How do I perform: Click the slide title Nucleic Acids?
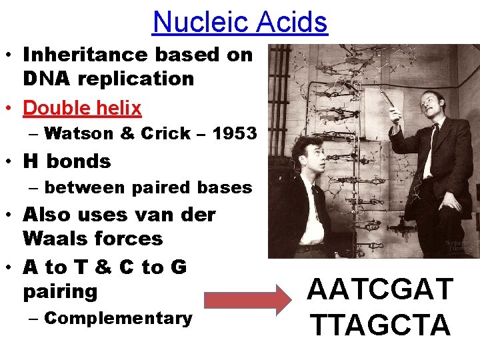coord(240,22)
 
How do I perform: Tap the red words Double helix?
coord(82,108)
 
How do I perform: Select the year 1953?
coord(235,133)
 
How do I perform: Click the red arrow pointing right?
coord(247,301)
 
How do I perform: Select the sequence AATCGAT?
coord(381,291)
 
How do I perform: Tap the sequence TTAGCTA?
coord(381,325)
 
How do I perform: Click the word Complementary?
coord(118,318)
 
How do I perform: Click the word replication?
coord(137,79)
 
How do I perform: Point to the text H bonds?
coord(67,161)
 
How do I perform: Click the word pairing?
coord(61,291)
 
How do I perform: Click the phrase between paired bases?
coord(148,188)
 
